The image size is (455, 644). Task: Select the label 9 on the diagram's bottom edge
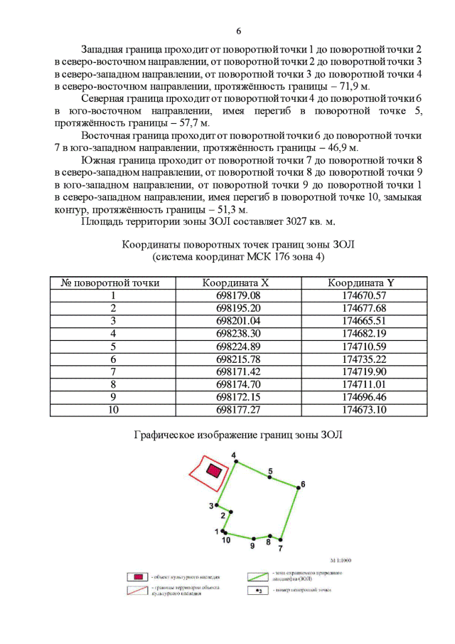click(x=252, y=546)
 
